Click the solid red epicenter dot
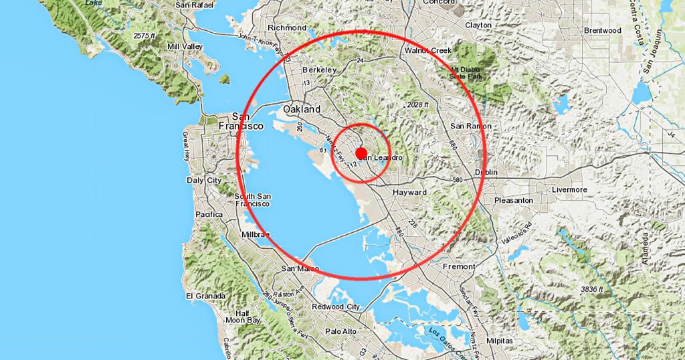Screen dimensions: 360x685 (x=361, y=154)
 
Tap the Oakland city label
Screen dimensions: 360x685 (x=302, y=109)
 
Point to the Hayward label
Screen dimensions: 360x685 (x=409, y=192)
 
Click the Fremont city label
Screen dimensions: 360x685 (x=459, y=266)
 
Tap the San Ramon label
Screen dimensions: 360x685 (x=470, y=126)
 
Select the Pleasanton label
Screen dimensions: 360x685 (x=513, y=200)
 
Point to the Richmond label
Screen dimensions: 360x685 (x=286, y=27)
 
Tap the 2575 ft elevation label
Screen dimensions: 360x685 (x=149, y=35)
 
